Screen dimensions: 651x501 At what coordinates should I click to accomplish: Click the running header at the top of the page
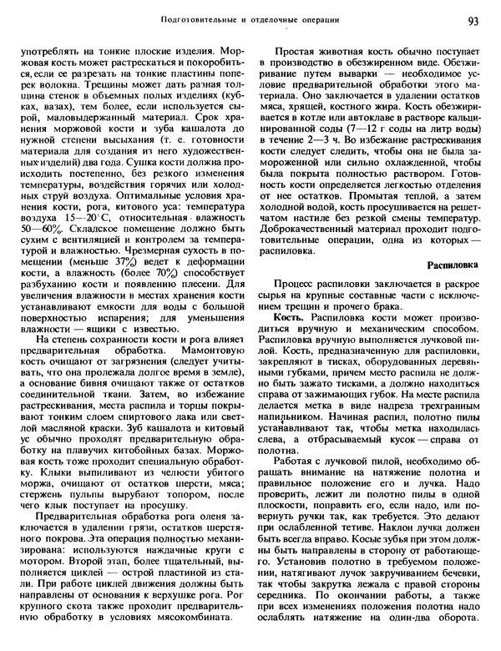pyautogui.click(x=251, y=18)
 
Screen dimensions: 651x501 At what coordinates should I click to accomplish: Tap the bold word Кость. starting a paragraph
pyautogui.click(x=289, y=320)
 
